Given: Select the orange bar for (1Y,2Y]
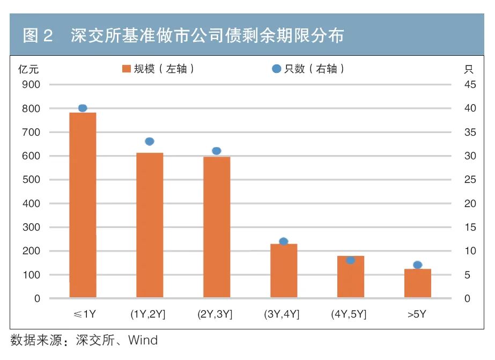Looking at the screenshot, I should [x=150, y=225].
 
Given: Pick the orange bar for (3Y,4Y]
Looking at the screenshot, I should [x=284, y=270].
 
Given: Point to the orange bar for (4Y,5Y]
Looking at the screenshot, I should [x=351, y=277].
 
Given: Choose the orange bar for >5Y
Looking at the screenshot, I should [x=418, y=283].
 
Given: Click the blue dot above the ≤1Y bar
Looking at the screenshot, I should [x=83, y=108].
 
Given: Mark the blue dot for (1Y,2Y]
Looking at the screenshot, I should [x=150, y=142].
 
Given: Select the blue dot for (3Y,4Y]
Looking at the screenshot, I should [x=284, y=241].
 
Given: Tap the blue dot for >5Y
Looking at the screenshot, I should [x=418, y=265].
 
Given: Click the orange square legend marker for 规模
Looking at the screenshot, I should [x=127, y=69].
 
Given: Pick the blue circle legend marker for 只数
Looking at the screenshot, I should [x=276, y=69].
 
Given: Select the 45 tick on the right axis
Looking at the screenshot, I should [x=470, y=85].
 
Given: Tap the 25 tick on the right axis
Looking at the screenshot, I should [x=470, y=180].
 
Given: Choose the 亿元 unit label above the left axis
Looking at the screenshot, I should [x=28, y=69].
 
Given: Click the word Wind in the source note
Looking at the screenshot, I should [x=143, y=340].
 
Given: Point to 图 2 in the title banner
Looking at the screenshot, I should [x=38, y=36].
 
